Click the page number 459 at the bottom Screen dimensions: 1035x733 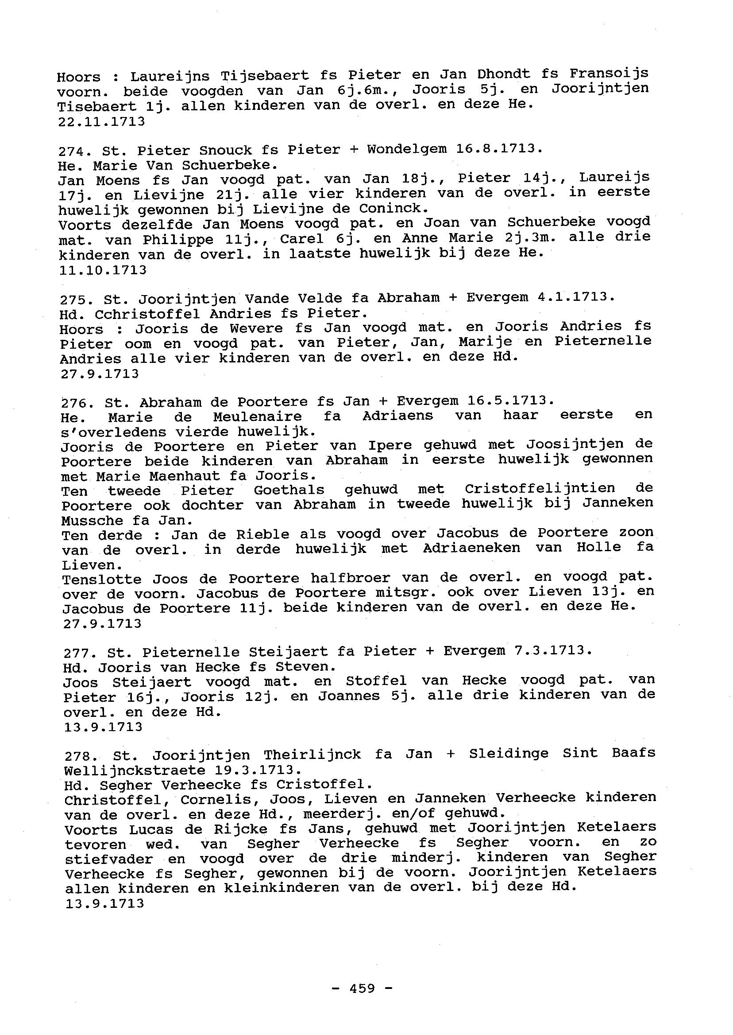362,989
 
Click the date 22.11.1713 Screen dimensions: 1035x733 101,121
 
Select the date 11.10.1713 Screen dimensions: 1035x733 103,270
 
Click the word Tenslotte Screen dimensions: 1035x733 101,579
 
